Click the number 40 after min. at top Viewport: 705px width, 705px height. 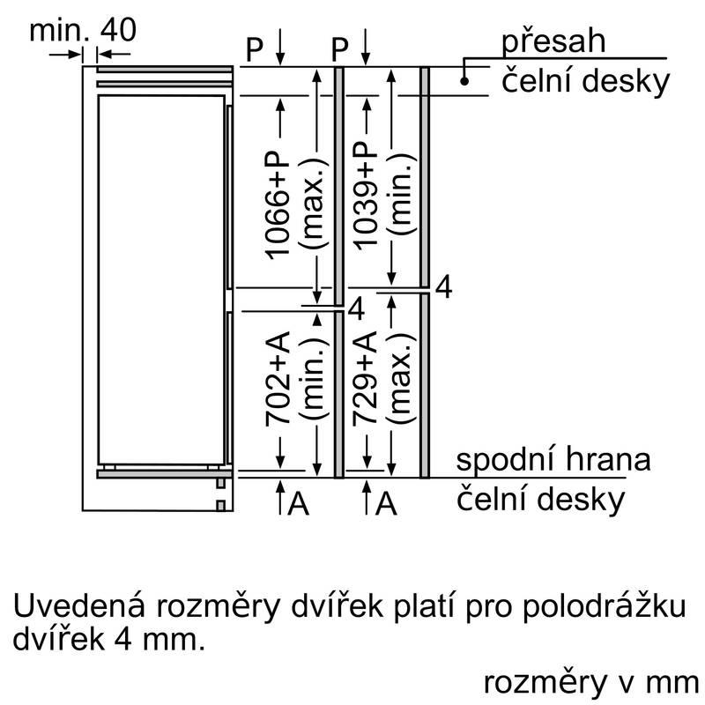(x=118, y=31)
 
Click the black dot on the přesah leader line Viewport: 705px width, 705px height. (x=464, y=81)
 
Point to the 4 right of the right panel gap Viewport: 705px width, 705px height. (x=444, y=288)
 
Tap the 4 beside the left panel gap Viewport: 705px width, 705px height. (x=356, y=309)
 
